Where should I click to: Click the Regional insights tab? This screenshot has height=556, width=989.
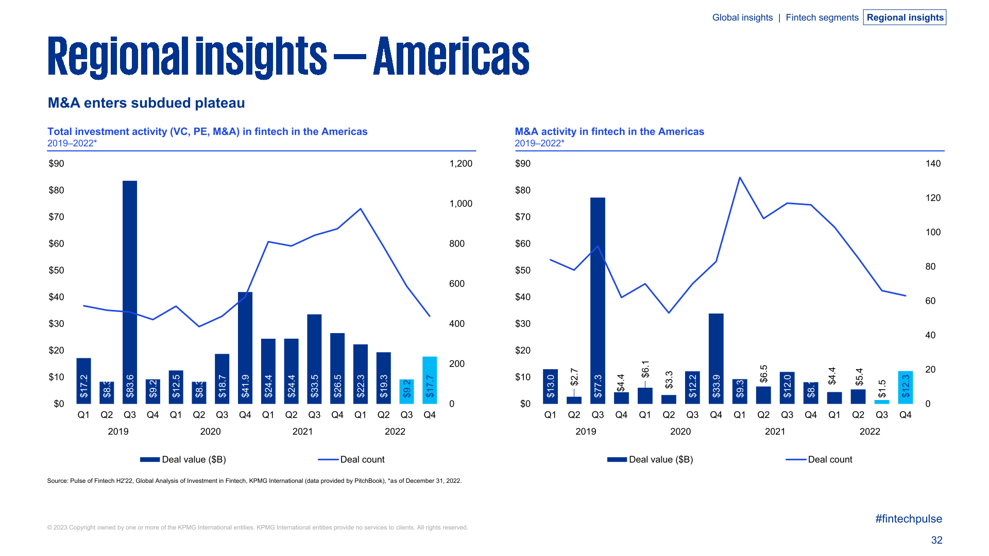coord(905,18)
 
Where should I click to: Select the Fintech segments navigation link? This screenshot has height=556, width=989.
coord(822,18)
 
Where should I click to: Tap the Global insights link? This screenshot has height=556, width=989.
coord(742,18)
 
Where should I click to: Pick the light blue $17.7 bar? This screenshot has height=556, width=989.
coord(430,380)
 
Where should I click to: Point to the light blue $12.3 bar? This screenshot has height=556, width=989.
coord(905,387)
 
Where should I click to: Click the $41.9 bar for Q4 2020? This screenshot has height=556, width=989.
coord(245,347)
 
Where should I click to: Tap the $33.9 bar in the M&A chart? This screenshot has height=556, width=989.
coord(716,358)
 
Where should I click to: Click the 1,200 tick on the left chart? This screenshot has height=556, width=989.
coord(461,164)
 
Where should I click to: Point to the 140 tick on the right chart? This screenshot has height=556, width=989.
coord(933,164)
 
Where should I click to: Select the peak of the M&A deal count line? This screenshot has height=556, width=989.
coord(740,178)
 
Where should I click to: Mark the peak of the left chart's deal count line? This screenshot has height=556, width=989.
coord(361,208)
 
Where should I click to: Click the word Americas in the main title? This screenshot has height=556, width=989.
coord(451,57)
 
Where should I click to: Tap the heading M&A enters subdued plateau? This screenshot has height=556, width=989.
coord(146,103)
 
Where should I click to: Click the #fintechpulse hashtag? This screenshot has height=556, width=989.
coord(908,519)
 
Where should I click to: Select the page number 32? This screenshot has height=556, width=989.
coord(936,540)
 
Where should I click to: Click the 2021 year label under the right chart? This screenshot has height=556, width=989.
coord(775,431)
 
